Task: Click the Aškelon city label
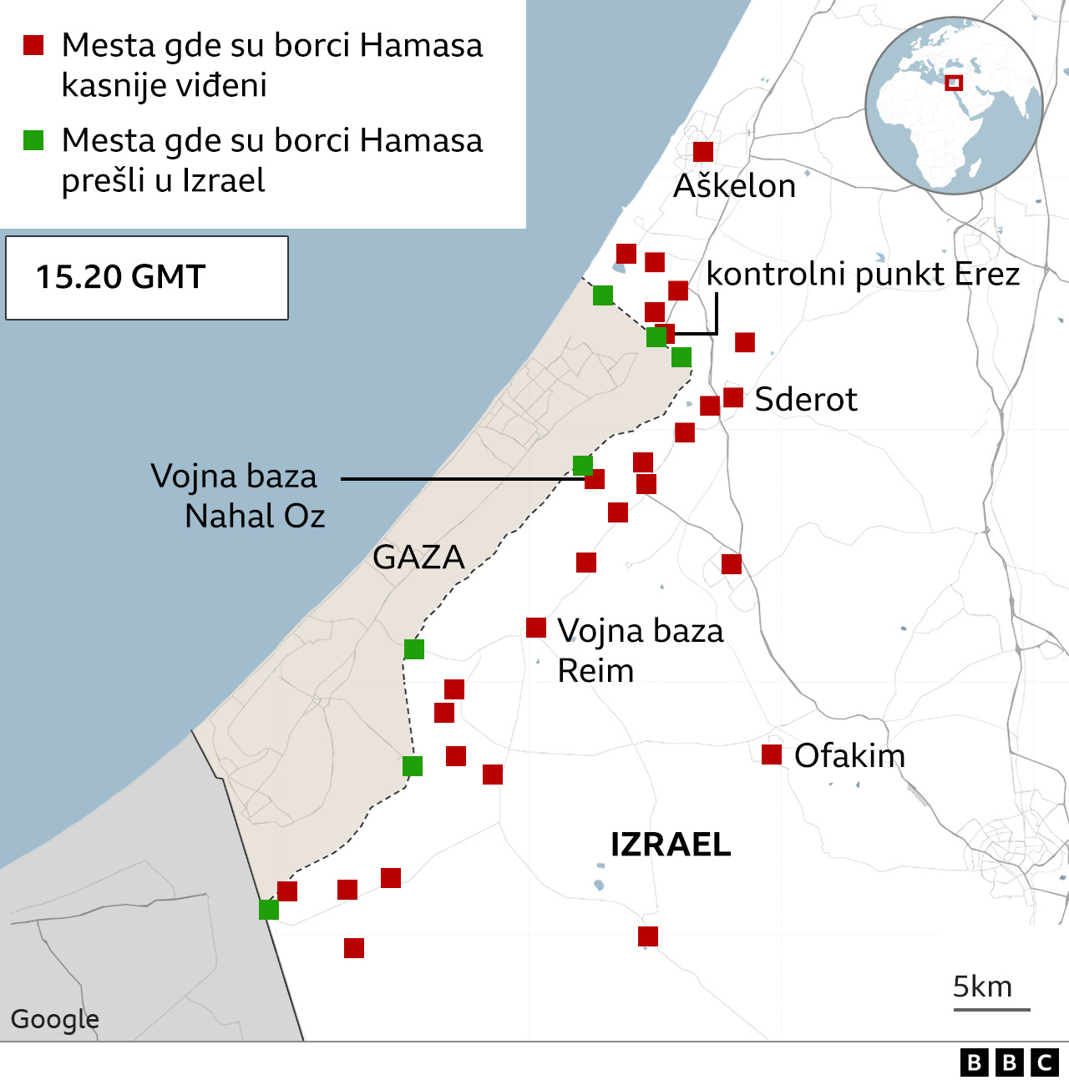click(x=734, y=186)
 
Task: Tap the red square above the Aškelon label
click(x=703, y=152)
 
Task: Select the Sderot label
click(x=805, y=399)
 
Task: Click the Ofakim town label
click(x=849, y=755)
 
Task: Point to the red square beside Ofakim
click(x=772, y=754)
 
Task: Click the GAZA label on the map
click(x=418, y=557)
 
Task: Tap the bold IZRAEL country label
click(x=671, y=845)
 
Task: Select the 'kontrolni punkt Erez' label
click(x=863, y=274)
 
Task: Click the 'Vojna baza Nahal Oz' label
click(x=238, y=496)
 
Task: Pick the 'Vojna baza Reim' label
click(x=639, y=650)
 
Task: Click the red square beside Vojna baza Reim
click(x=536, y=628)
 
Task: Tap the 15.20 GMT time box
click(x=147, y=277)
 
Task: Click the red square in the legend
click(x=33, y=45)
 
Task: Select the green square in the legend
click(x=33, y=140)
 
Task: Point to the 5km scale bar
click(x=991, y=1009)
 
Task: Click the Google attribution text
click(x=54, y=1019)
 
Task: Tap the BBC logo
click(x=1009, y=1062)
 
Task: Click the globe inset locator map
click(x=954, y=105)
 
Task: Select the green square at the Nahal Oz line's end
click(x=583, y=466)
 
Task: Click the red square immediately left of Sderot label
click(x=733, y=397)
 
